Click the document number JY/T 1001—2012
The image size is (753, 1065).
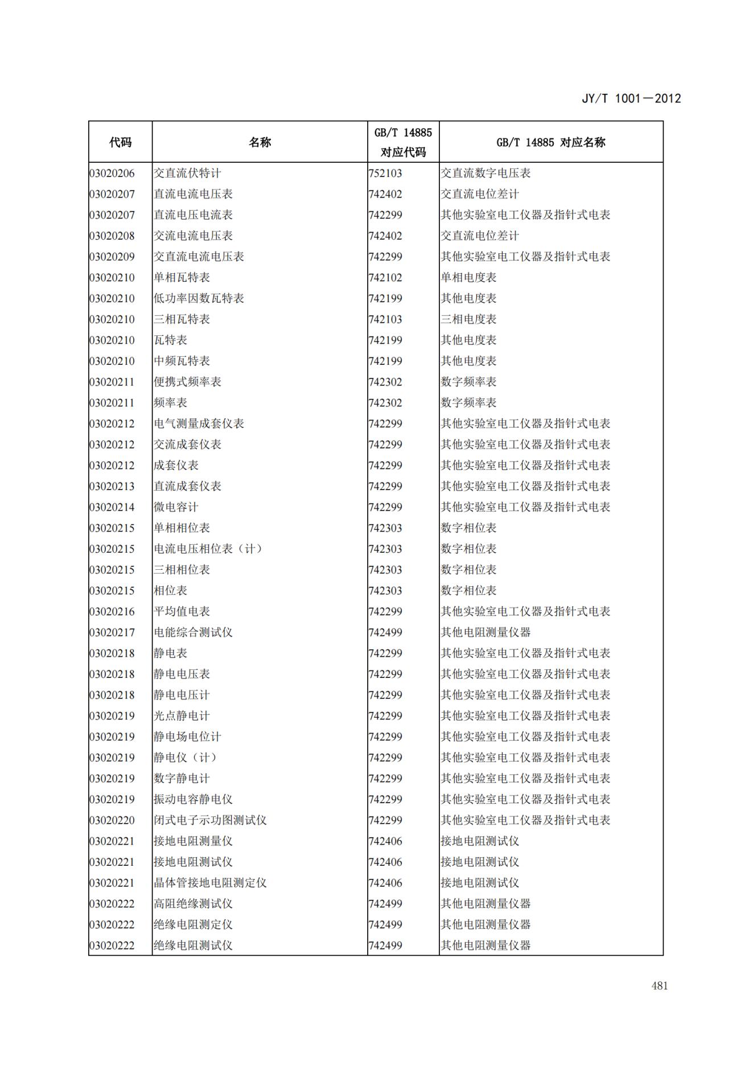click(x=631, y=98)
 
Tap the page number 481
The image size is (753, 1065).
click(x=659, y=986)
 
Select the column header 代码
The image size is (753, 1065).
click(x=120, y=142)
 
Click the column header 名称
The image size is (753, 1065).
click(x=260, y=142)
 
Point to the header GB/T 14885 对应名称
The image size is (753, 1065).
click(x=550, y=142)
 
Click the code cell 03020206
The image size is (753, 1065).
click(x=112, y=173)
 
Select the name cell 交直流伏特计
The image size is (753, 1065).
click(x=187, y=173)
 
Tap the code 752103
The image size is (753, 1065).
click(x=385, y=173)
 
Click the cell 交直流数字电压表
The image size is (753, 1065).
click(x=485, y=173)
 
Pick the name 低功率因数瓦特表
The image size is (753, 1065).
click(x=199, y=298)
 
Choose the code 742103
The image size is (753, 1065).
click(x=385, y=319)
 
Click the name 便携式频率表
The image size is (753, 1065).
click(x=187, y=382)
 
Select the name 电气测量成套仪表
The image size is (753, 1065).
click(x=199, y=423)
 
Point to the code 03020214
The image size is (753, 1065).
click(x=112, y=507)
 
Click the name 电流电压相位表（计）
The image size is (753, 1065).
click(x=208, y=549)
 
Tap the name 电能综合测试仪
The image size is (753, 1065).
click(x=193, y=632)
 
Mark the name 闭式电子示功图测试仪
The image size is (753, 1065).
click(x=210, y=820)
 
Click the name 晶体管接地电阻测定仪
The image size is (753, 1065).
click(x=210, y=883)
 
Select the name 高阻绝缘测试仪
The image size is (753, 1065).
click(x=193, y=904)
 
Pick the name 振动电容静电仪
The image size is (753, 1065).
click(x=193, y=799)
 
